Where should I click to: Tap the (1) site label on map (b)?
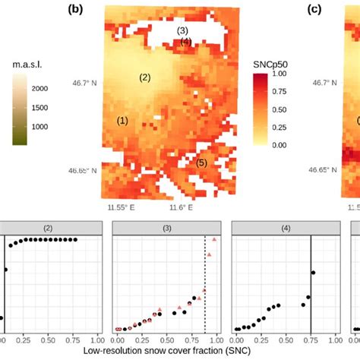point(122,120)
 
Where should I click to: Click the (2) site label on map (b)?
point(146,77)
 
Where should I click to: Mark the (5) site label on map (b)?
point(202,163)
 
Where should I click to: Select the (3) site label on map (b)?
point(182,30)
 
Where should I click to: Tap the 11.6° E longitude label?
point(180,207)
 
